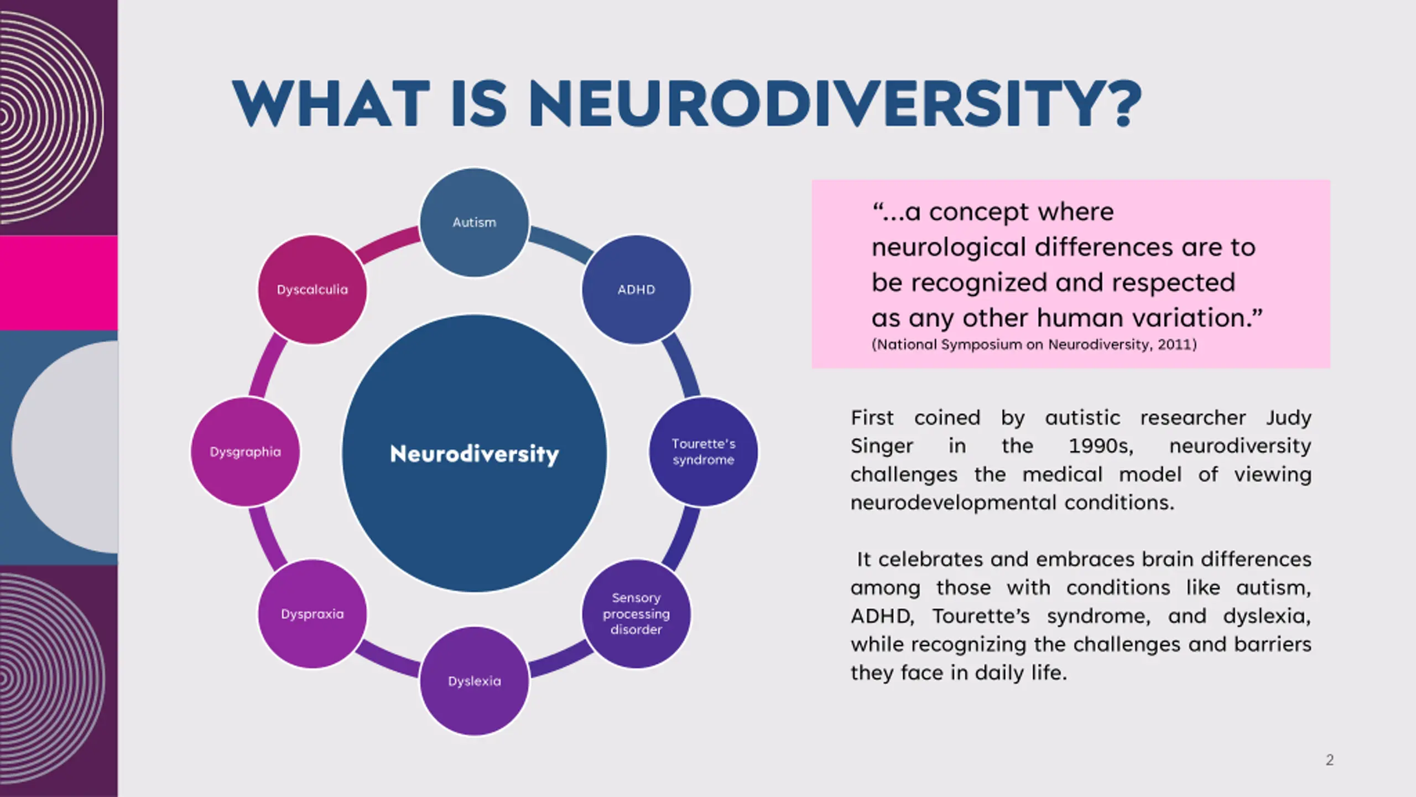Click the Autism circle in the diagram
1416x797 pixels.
click(x=474, y=222)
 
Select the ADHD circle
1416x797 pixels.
click(x=636, y=289)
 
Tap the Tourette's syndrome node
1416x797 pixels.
click(x=703, y=452)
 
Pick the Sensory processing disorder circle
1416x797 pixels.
click(x=636, y=614)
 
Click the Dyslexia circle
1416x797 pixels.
click(x=474, y=681)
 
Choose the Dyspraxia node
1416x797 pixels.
click(x=312, y=614)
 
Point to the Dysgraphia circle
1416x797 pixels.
click(x=245, y=452)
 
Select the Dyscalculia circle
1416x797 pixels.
click(x=312, y=289)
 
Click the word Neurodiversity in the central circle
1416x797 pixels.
click(x=474, y=454)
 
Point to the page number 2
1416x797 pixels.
click(x=1330, y=760)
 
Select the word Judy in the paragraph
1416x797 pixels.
click(x=1288, y=418)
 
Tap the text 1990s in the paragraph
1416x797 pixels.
click(x=1100, y=446)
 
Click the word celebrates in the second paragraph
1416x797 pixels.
click(x=932, y=560)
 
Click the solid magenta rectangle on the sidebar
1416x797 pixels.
click(x=59, y=283)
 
